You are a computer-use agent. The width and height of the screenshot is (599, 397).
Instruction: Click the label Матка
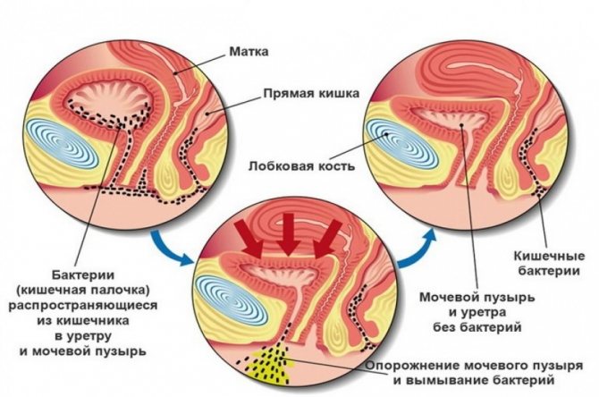249,51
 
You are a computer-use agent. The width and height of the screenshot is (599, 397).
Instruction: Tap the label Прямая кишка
311,93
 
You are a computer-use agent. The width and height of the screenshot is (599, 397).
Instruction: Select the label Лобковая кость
302,166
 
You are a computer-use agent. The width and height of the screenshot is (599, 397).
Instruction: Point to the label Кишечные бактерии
550,263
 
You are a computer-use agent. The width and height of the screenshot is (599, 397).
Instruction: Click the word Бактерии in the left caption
83,275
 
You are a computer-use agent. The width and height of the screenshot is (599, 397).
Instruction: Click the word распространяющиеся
83,306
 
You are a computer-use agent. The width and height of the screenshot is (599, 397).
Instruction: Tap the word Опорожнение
412,366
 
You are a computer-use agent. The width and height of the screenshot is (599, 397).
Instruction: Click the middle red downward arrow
288,234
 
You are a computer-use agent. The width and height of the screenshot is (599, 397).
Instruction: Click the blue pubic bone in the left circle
61,143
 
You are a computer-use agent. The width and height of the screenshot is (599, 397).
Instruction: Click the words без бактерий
477,327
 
